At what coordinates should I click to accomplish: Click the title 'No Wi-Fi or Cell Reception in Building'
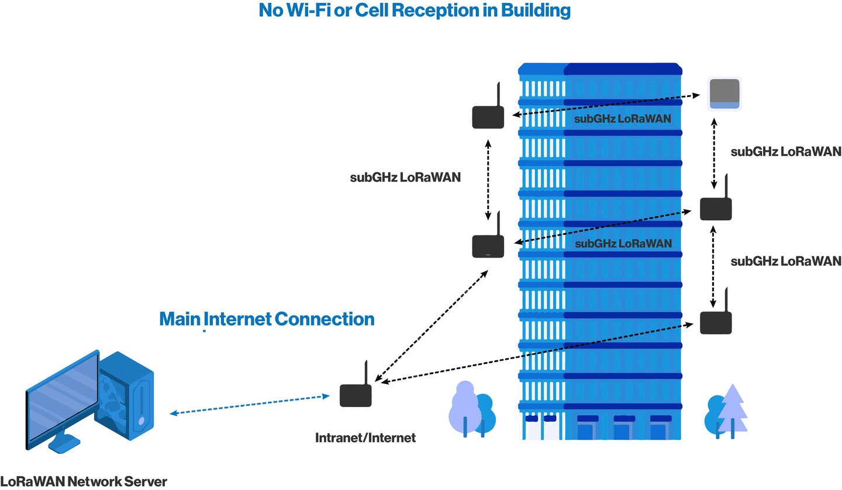click(415, 11)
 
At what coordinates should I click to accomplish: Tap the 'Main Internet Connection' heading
click(267, 319)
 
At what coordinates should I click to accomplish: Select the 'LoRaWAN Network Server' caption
click(84, 481)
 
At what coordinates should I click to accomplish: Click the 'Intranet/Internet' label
click(365, 438)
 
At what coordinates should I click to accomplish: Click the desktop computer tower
click(126, 394)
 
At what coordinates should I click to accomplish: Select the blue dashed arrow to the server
click(250, 404)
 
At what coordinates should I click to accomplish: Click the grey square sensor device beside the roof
click(724, 94)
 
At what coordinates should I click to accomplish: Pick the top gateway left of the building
click(488, 109)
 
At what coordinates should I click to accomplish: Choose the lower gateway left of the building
click(488, 238)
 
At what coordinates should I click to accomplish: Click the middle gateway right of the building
click(716, 201)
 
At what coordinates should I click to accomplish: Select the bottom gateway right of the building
click(716, 315)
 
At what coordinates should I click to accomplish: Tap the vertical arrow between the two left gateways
click(488, 179)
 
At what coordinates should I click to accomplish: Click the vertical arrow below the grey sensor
click(714, 154)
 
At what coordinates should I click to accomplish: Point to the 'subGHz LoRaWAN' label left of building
click(405, 177)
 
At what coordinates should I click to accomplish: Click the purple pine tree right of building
click(733, 411)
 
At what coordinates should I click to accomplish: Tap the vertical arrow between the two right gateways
click(713, 266)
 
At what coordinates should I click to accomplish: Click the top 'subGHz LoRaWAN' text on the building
click(623, 119)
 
